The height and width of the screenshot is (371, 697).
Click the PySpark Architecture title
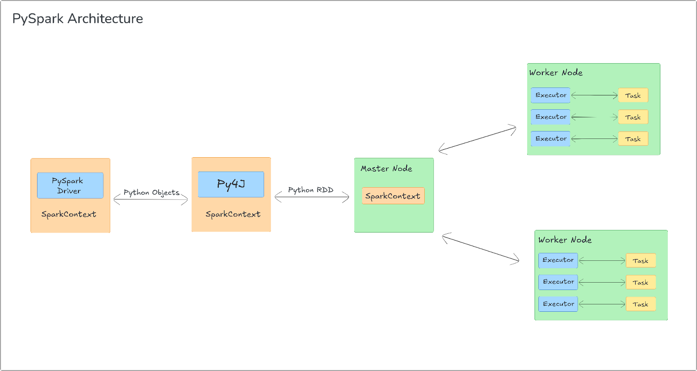point(78,19)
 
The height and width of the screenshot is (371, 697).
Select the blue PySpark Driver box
point(70,185)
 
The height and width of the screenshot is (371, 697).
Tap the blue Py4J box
point(231,184)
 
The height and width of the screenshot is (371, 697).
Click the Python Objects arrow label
point(151,192)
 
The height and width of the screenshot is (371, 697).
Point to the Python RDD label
point(311,190)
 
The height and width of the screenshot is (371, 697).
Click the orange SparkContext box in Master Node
point(393,196)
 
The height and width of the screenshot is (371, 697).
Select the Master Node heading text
point(386,169)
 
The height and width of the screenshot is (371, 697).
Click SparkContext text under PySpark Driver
point(69,214)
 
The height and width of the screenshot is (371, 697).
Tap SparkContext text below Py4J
point(233,214)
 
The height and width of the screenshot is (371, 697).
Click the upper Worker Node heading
point(556,73)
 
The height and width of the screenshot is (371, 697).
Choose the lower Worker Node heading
point(565,240)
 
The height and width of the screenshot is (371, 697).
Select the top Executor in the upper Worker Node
point(551,95)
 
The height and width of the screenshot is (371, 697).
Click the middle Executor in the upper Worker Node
point(551,117)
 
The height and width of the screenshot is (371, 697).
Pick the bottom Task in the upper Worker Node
point(633,139)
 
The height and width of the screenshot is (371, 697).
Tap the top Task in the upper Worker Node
point(633,95)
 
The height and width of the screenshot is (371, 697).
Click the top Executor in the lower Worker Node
point(558,260)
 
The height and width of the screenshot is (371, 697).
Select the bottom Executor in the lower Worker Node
point(558,304)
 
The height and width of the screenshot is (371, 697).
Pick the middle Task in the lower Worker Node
point(640,283)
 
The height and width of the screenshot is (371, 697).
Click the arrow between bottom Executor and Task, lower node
point(602,304)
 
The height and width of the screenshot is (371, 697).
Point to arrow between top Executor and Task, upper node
point(594,95)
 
